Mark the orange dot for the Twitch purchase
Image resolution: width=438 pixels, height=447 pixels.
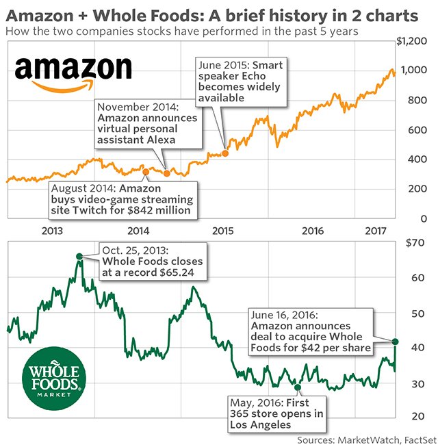tap(145, 171)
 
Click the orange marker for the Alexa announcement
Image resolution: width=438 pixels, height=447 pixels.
tap(167, 173)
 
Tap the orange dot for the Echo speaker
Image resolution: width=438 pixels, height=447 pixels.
tap(226, 153)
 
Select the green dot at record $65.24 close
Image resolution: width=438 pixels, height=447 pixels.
tap(79, 257)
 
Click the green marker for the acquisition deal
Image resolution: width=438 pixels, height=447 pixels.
tap(396, 341)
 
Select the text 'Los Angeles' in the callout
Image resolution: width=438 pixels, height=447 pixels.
tap(259, 424)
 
